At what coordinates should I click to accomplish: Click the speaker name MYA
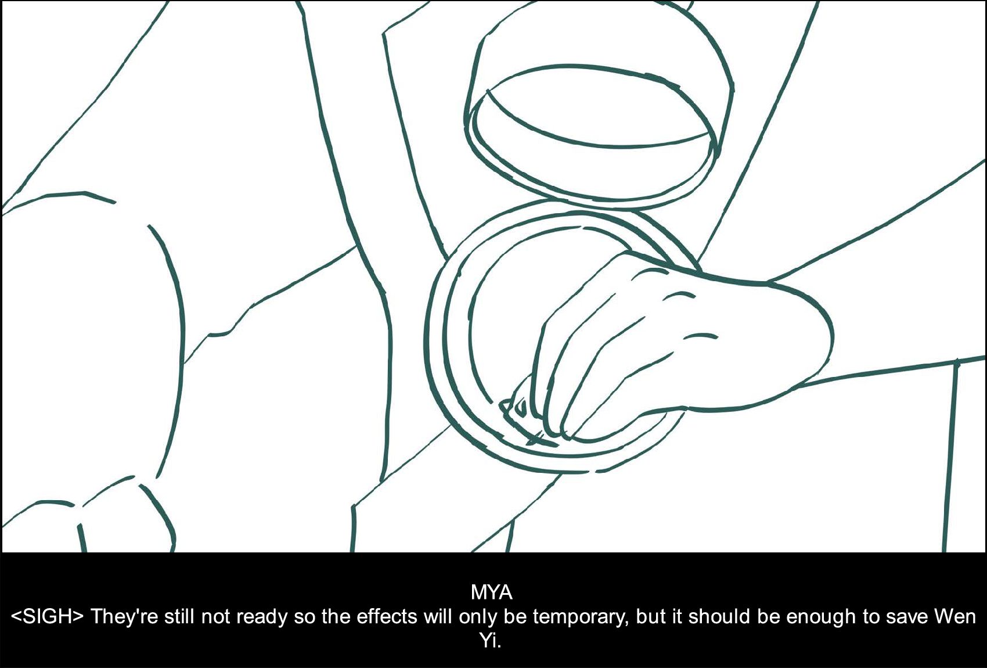[491, 592]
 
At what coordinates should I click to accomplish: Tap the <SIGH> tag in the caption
[46, 617]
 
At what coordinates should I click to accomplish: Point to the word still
[178, 616]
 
